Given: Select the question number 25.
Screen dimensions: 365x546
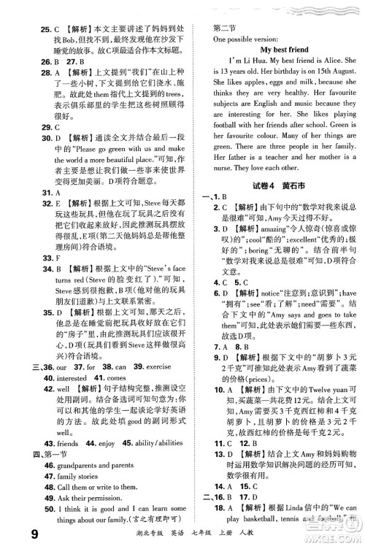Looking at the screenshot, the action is pyautogui.click(x=27, y=9).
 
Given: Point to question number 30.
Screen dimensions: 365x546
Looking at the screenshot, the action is pyautogui.click(x=27, y=136).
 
